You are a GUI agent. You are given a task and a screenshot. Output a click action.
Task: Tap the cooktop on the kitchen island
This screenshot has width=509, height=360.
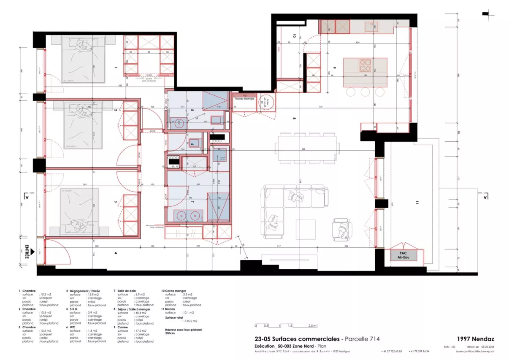[x=365, y=66]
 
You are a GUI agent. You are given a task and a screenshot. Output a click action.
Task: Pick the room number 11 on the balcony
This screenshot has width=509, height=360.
[x=416, y=203]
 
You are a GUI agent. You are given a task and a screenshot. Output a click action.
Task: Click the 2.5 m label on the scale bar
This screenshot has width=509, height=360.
[x=312, y=326]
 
